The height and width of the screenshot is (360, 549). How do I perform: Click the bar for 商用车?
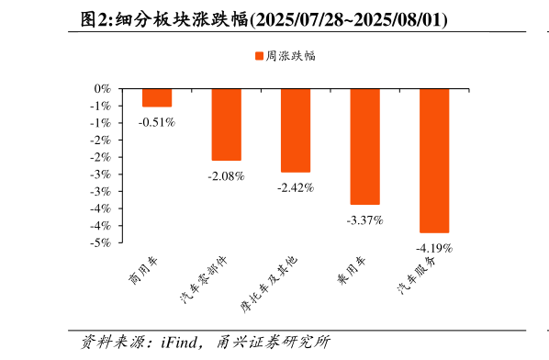tap(157, 98)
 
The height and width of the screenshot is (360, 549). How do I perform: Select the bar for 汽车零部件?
tap(226, 125)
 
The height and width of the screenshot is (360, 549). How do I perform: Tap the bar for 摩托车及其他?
tap(296, 130)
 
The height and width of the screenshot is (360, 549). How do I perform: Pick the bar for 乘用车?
tap(364, 147)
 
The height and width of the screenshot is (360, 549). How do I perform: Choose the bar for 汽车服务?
tap(434, 161)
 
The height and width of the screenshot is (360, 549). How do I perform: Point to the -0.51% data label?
tap(157, 121)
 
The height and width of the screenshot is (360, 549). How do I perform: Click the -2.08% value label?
tap(226, 175)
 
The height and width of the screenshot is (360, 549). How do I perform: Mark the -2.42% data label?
tap(296, 187)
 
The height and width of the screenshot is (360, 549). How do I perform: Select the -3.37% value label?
tap(364, 220)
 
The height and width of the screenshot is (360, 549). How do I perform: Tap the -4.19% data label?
tap(434, 248)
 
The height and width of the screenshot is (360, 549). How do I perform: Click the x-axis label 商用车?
tap(145, 269)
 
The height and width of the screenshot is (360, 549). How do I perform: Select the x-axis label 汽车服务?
tap(417, 275)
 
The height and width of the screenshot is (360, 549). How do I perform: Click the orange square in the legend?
tap(259, 56)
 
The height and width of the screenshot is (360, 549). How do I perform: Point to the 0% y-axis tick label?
tap(102, 89)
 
